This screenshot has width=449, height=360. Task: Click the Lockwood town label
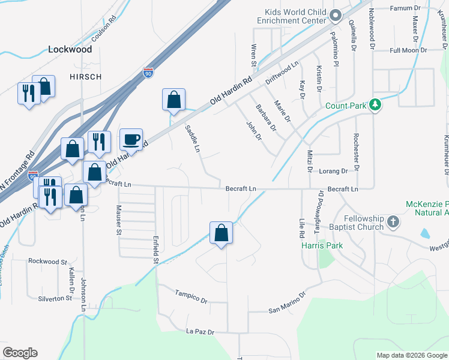(x=70, y=49)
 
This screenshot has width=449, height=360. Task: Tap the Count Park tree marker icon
(x=376, y=105)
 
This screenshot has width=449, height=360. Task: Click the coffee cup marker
(x=131, y=140)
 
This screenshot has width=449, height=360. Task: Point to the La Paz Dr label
(x=200, y=331)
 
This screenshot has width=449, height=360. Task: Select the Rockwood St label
(x=47, y=262)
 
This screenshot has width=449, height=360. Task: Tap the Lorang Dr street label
(x=333, y=171)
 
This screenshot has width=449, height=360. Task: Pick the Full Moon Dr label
(x=408, y=51)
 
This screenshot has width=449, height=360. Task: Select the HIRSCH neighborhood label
(x=85, y=77)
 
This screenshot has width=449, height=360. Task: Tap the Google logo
(x=20, y=353)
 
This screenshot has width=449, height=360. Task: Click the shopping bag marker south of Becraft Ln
(x=221, y=234)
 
